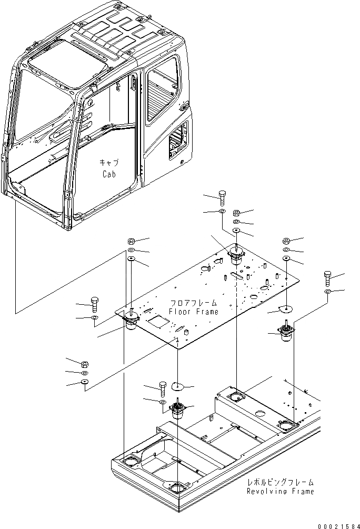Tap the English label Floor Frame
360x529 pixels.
tap(193, 312)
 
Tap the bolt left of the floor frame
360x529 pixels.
tap(95, 304)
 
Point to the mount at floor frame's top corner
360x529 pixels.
tap(235, 256)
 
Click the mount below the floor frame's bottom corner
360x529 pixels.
tap(178, 410)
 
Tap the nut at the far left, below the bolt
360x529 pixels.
tap(85, 364)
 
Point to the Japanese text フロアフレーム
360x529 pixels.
tap(193, 304)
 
